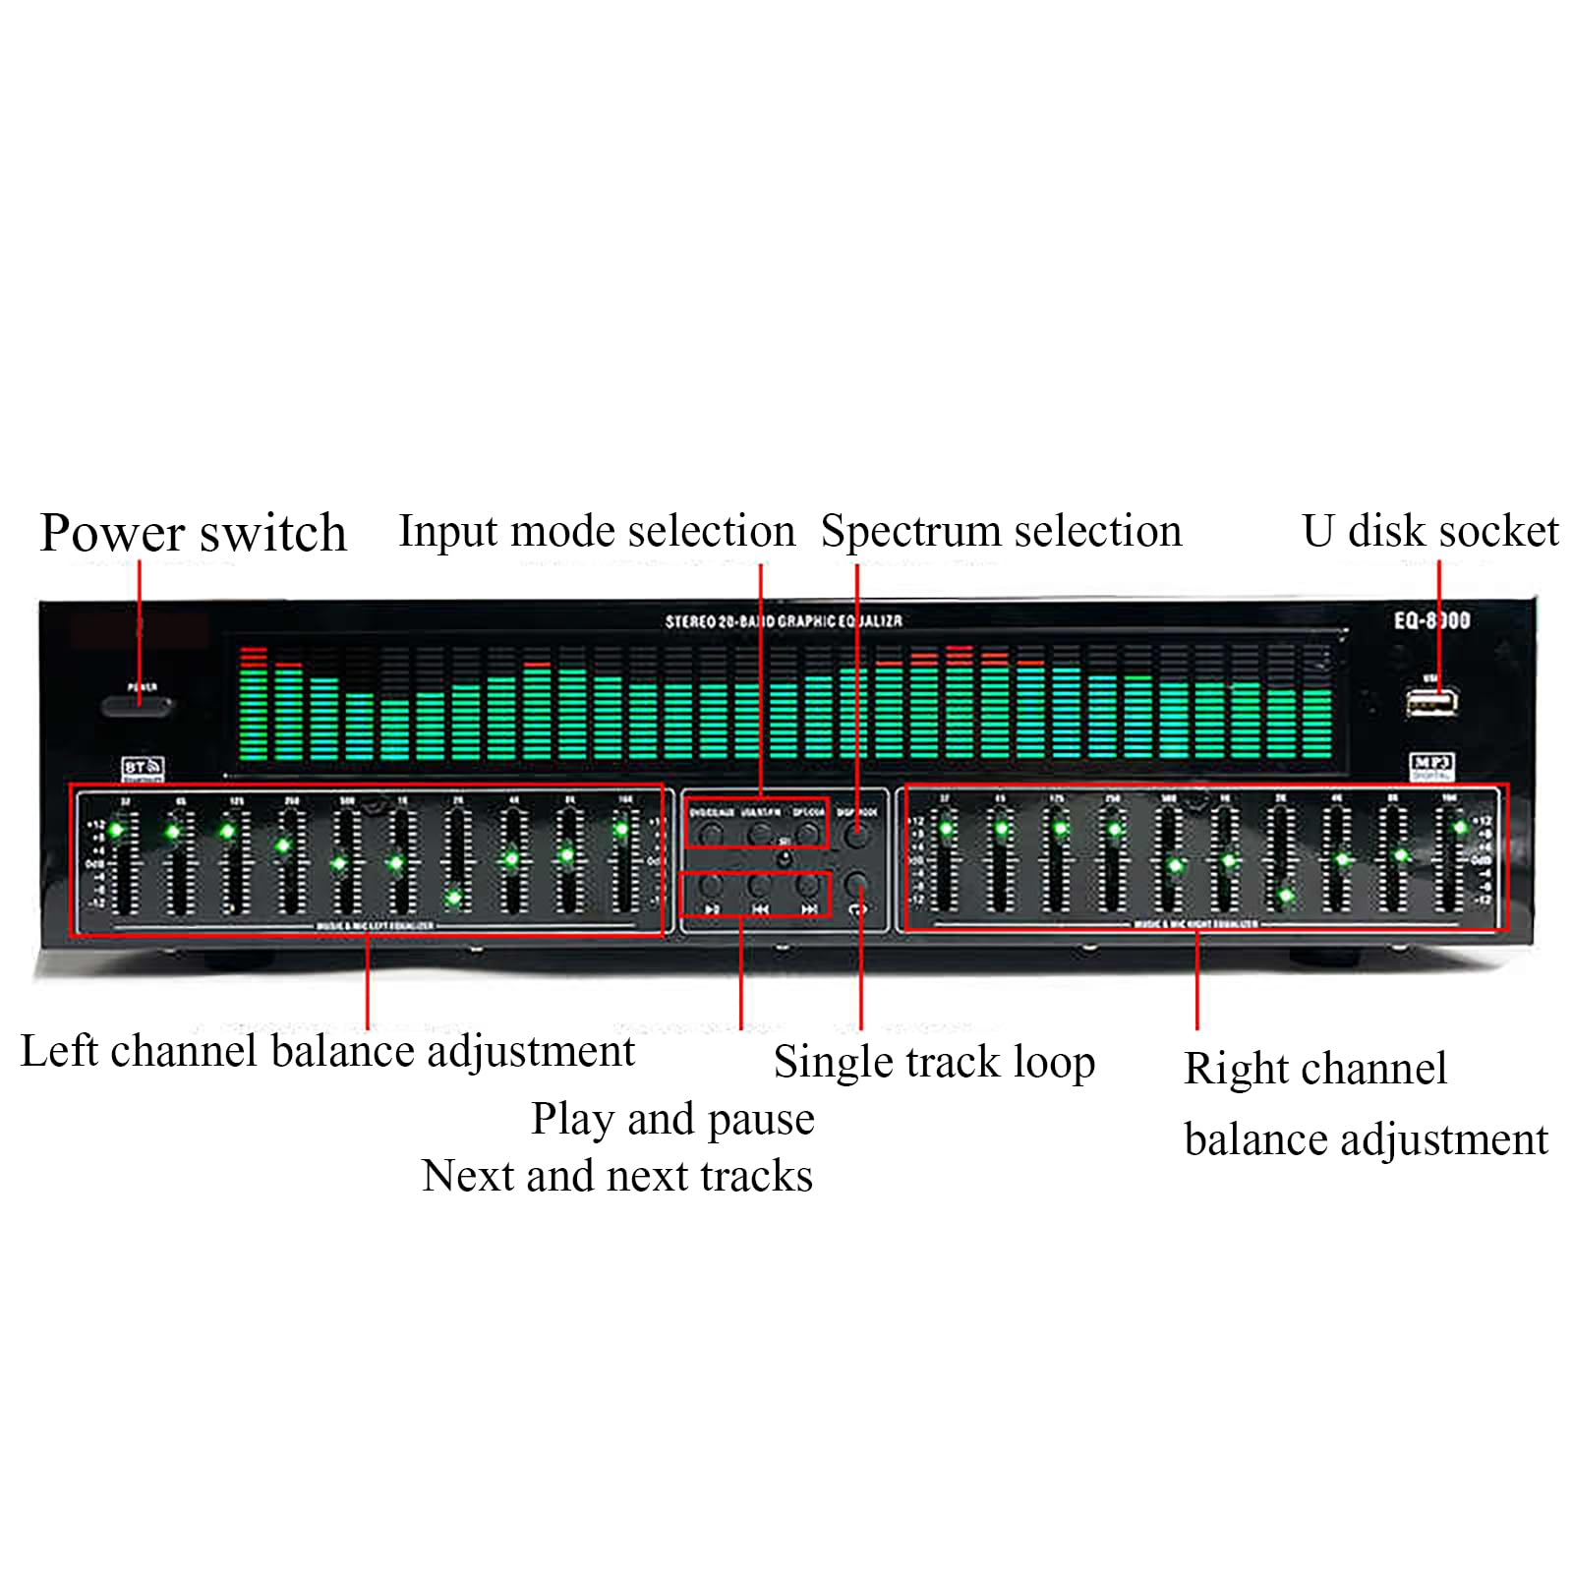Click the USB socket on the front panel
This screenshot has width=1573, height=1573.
[x=1430, y=702]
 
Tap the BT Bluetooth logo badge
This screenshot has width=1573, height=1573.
[x=142, y=767]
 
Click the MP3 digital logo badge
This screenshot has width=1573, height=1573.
[x=1431, y=764]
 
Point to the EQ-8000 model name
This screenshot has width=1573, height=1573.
[x=1431, y=620]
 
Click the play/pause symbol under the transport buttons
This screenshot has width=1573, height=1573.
[x=712, y=909]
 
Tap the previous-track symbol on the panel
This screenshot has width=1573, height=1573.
[x=760, y=909]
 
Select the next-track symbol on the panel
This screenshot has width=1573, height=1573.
[x=808, y=909]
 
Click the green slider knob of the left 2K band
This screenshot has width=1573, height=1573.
[x=454, y=897]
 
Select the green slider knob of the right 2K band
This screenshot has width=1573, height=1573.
[x=1285, y=896]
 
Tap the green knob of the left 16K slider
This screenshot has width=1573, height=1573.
[x=621, y=830]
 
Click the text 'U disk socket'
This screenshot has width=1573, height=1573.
[x=1430, y=531]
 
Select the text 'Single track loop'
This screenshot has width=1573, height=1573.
[x=934, y=1063]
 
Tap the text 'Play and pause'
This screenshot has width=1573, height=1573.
[x=672, y=1120]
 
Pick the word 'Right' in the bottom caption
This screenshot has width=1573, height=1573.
[x=1228, y=1070]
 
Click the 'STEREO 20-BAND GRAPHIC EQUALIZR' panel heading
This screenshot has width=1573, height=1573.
[x=784, y=621]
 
